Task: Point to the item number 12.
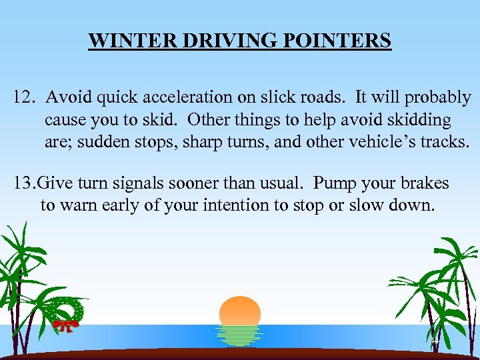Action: (25, 98)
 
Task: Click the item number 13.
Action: (25, 183)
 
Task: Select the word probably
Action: (438, 99)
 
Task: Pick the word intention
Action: (234, 205)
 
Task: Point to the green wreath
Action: (71, 309)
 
